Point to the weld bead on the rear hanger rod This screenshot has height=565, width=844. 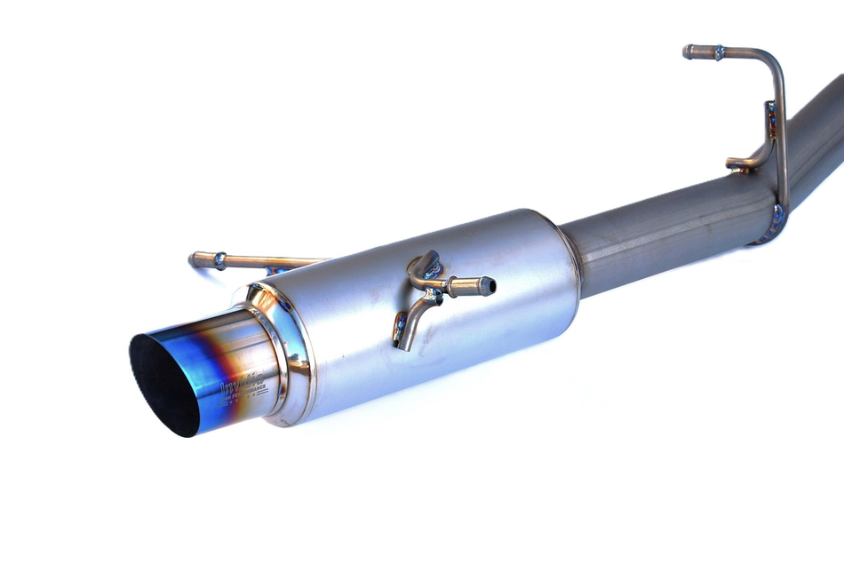click(219, 260)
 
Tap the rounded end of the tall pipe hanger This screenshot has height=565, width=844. click(689, 52)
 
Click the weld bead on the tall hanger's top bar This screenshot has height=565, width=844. click(718, 52)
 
